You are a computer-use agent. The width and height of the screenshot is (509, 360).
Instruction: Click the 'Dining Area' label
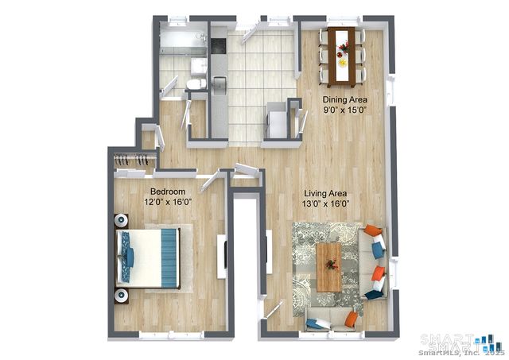point(344,99)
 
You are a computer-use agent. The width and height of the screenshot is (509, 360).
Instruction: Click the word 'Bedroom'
point(168,192)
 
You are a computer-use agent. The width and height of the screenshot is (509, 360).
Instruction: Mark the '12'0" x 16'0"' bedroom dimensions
point(168,202)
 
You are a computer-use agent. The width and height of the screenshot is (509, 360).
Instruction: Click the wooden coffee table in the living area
point(328,267)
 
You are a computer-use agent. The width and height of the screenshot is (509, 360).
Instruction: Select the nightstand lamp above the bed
point(121,220)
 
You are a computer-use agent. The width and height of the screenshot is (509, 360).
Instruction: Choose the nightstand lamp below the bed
point(121,296)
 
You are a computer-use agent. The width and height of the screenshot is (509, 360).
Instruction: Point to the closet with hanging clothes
point(132,161)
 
